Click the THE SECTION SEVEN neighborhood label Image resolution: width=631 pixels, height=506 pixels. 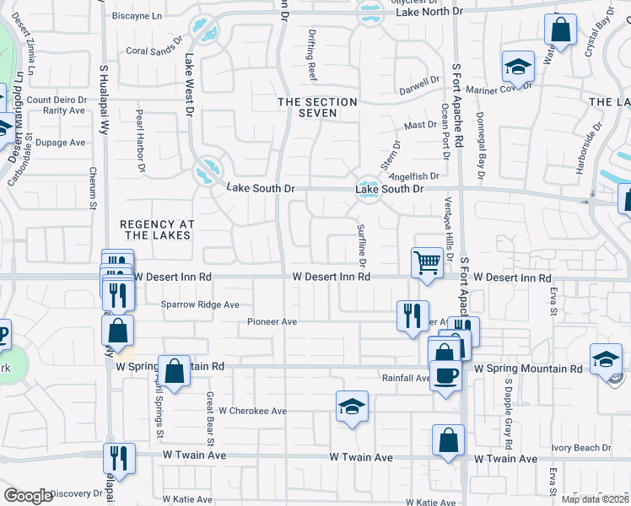point(318,107)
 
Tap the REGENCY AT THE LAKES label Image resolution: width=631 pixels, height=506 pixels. point(158,229)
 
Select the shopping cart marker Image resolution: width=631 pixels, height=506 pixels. point(428,262)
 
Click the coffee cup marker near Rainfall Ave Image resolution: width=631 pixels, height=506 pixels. point(446,374)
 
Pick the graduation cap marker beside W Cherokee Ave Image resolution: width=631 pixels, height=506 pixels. point(352,406)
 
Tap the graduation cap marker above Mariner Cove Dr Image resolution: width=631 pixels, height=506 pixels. point(519,66)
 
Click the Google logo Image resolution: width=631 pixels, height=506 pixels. point(29,496)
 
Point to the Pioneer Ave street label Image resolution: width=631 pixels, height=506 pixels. point(272,322)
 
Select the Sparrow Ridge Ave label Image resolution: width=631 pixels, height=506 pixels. point(200,304)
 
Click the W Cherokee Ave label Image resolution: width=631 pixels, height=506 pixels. point(253,412)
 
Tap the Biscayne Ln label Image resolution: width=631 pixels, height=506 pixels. point(137,15)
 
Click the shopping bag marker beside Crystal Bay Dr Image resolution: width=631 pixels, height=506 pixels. point(559,31)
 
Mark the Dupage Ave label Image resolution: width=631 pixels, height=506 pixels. point(61,143)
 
